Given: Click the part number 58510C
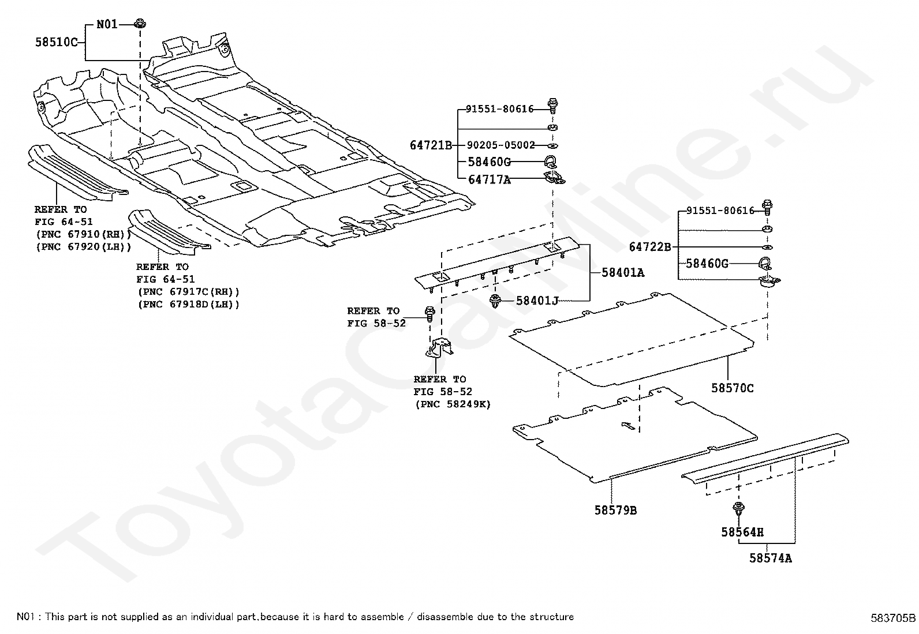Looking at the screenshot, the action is click(56, 42).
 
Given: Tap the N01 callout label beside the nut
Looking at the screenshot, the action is click(107, 24).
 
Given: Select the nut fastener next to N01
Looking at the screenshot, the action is click(140, 24).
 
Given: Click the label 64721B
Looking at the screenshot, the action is click(431, 145).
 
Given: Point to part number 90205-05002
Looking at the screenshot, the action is click(500, 145).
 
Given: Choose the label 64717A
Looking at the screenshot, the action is click(490, 179).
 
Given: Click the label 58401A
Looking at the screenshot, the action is click(623, 272).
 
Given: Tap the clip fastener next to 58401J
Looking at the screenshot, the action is click(496, 301).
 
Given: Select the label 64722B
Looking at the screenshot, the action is click(650, 246).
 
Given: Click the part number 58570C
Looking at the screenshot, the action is click(733, 388).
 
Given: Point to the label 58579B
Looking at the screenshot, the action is click(615, 510).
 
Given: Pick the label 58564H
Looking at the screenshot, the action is click(742, 532).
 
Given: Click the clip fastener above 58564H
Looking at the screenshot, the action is click(738, 509).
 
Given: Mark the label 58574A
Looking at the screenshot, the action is click(771, 558).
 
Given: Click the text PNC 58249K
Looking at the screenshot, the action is click(453, 404).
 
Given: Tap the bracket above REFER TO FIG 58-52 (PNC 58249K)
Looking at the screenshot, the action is click(439, 348).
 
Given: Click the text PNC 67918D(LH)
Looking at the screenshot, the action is click(189, 304).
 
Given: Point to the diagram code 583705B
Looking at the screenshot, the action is click(893, 618).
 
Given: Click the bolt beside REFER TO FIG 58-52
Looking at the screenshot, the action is click(429, 314).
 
